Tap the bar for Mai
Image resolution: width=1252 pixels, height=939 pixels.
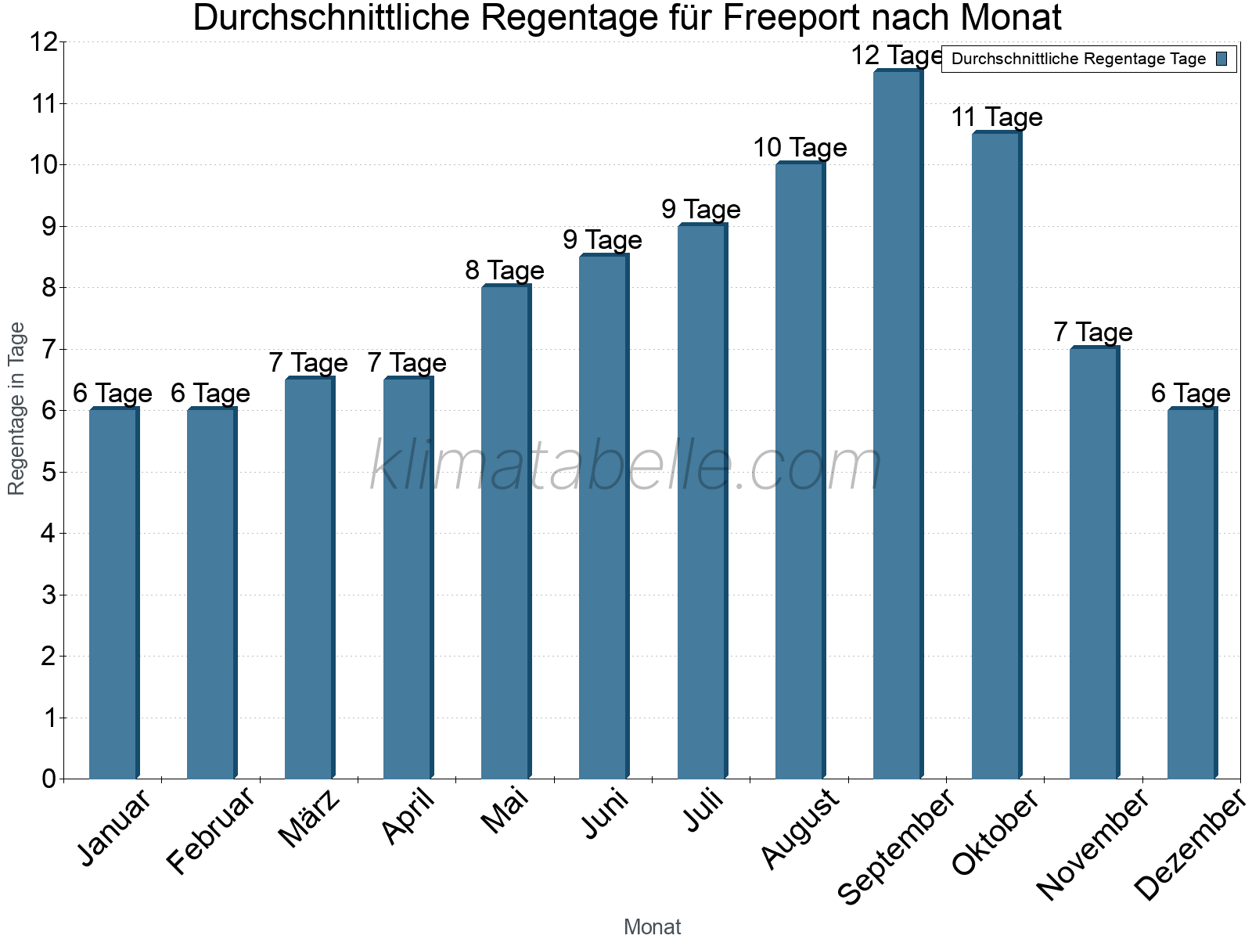505,532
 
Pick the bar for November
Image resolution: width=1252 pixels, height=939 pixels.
1094,563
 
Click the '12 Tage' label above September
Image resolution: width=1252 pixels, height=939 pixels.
897,56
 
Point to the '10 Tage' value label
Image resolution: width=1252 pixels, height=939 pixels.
800,147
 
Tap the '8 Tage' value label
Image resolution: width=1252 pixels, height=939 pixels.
505,271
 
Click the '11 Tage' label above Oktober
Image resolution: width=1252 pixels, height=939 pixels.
996,117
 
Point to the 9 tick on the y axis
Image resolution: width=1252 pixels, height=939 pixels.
49,227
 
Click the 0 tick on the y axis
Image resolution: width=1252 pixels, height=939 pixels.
49,779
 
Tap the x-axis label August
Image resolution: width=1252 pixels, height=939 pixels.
800,829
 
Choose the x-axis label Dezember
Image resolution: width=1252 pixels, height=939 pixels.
1189,845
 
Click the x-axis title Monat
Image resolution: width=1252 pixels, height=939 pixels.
652,926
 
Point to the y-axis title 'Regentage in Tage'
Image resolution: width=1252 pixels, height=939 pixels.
16,408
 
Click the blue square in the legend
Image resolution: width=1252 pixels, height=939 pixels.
1221,59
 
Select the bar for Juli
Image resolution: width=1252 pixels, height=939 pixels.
702,502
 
